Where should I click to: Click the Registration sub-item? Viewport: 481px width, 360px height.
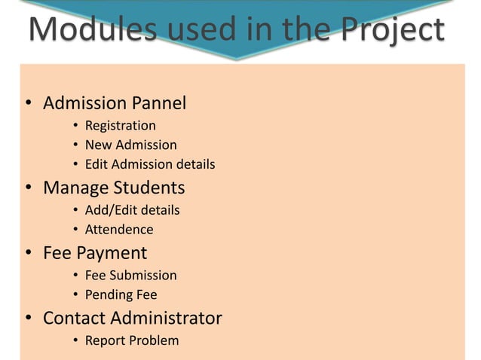click(x=121, y=126)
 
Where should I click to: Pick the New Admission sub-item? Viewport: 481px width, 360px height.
click(x=130, y=145)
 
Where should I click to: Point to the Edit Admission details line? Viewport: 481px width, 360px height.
click(x=150, y=164)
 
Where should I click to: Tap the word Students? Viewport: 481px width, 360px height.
click(x=149, y=187)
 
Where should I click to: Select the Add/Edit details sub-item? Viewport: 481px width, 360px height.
click(x=132, y=210)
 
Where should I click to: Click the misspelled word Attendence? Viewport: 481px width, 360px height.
click(x=119, y=230)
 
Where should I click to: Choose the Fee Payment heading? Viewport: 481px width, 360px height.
click(x=95, y=253)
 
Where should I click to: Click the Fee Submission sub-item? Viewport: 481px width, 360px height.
click(x=130, y=276)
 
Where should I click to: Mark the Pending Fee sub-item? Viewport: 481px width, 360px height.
click(x=121, y=294)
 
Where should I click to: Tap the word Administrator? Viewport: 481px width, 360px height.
click(x=167, y=318)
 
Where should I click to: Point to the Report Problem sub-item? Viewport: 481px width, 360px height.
click(x=132, y=341)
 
